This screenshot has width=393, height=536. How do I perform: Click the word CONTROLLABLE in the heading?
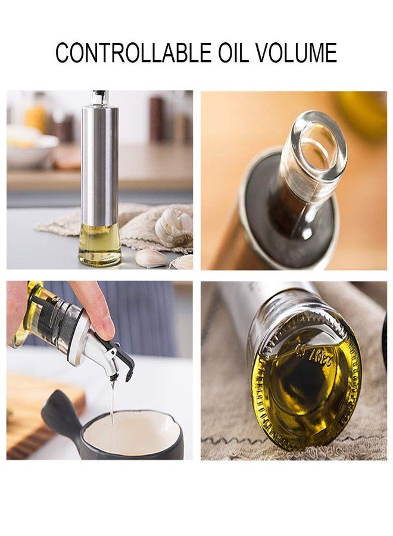point(132,53)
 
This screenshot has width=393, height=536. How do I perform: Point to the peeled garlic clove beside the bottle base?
point(151,258)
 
